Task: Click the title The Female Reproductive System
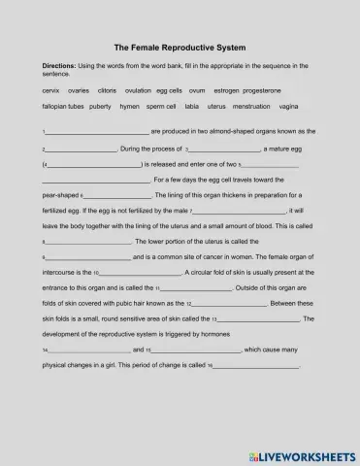(180, 47)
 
